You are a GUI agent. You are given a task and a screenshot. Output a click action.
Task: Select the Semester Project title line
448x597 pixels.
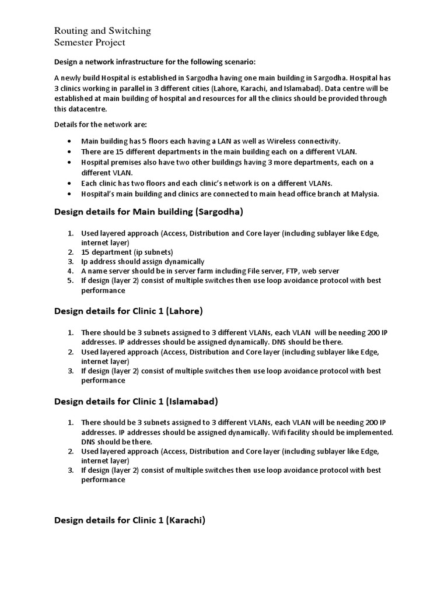coord(89,43)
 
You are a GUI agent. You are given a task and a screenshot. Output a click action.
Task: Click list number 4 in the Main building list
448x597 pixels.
coord(70,271)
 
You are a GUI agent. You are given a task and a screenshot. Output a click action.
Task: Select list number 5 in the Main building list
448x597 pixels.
coord(70,280)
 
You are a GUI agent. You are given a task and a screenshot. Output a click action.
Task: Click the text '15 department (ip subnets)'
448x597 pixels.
coord(119,252)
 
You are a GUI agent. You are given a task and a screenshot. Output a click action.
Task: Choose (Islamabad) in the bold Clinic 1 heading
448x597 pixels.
coord(192,401)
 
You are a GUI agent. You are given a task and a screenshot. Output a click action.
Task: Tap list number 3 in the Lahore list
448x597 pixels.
coord(70,371)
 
